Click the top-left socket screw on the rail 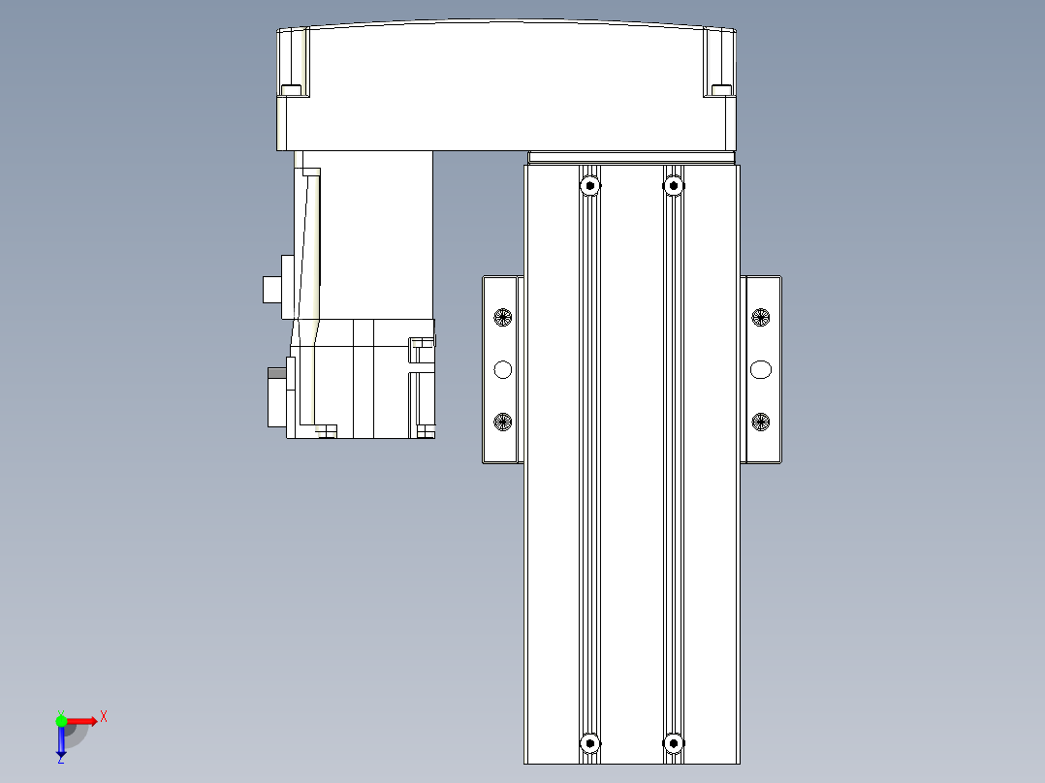pyautogui.click(x=589, y=184)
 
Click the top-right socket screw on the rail pyautogui.click(x=674, y=184)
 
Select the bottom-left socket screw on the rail pyautogui.click(x=589, y=743)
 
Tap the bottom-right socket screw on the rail pyautogui.click(x=674, y=743)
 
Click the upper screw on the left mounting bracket pyautogui.click(x=502, y=316)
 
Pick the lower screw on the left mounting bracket pyautogui.click(x=502, y=421)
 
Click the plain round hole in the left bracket pyautogui.click(x=502, y=368)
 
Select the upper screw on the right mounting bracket pyautogui.click(x=761, y=316)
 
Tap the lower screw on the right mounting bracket pyautogui.click(x=761, y=421)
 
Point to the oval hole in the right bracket pyautogui.click(x=761, y=368)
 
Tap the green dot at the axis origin pyautogui.click(x=61, y=720)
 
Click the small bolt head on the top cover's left pyautogui.click(x=291, y=90)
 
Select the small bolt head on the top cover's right pyautogui.click(x=720, y=90)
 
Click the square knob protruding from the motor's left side pyautogui.click(x=271, y=289)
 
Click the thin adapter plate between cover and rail pyautogui.click(x=631, y=157)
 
